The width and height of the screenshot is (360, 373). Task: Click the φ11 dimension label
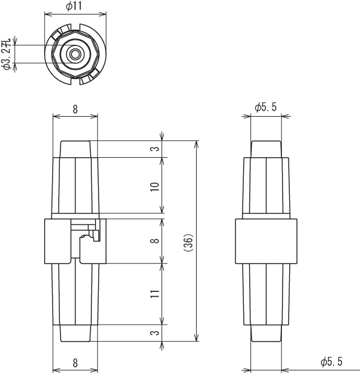(x=74, y=5)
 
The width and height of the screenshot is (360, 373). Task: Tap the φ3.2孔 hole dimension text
(x=7, y=54)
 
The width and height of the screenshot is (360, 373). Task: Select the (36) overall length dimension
(x=188, y=242)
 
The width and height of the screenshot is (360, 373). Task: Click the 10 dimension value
(x=154, y=187)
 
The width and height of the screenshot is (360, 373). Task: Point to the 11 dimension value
(x=154, y=294)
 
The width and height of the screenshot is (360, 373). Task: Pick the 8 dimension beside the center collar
(x=154, y=241)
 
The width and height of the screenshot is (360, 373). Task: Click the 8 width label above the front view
(x=75, y=109)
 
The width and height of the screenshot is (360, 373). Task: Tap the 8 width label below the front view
(x=75, y=363)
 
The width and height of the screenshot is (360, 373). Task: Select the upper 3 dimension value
(x=154, y=149)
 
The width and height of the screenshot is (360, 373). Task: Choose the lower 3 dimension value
(x=154, y=332)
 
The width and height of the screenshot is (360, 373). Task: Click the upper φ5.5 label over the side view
(x=266, y=107)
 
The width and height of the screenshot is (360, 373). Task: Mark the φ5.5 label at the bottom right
(x=332, y=362)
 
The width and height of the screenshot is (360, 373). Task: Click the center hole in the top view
(x=76, y=54)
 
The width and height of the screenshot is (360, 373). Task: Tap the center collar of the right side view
(x=266, y=241)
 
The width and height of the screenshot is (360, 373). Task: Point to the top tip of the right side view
(x=266, y=141)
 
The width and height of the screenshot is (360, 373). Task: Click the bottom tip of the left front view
(x=75, y=342)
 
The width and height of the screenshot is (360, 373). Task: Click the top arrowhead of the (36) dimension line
(x=196, y=144)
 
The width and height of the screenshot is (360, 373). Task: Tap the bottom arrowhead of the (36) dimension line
(x=196, y=338)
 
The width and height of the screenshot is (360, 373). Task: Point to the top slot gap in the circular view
(x=76, y=27)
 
